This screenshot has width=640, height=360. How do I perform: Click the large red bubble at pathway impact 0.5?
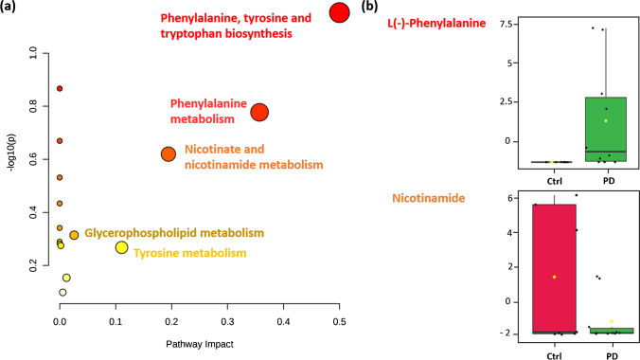point(340,12)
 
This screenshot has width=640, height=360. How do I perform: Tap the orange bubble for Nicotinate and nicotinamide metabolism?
point(168,153)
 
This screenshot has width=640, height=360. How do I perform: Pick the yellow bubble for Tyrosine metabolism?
point(121,247)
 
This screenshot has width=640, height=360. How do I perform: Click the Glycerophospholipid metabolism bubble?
point(74,235)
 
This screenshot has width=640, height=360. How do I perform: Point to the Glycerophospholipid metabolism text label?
point(173,233)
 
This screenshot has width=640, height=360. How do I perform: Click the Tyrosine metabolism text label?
point(189,253)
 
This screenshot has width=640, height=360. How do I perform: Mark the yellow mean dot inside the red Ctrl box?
point(554,277)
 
